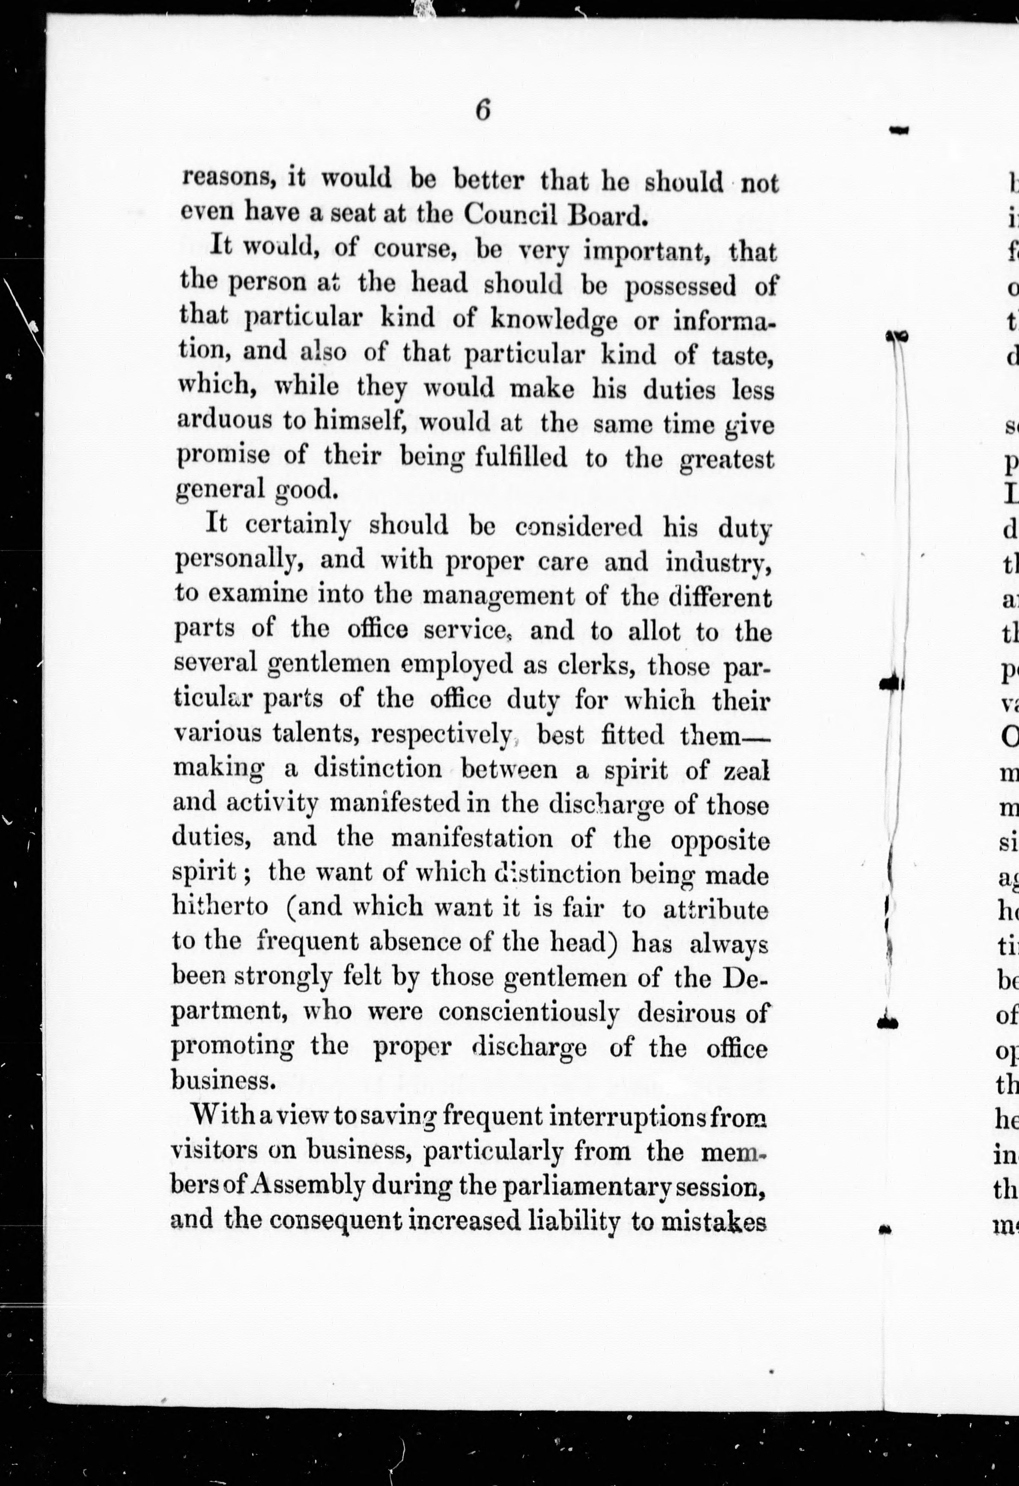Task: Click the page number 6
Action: (483, 110)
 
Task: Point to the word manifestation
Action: (480, 838)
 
